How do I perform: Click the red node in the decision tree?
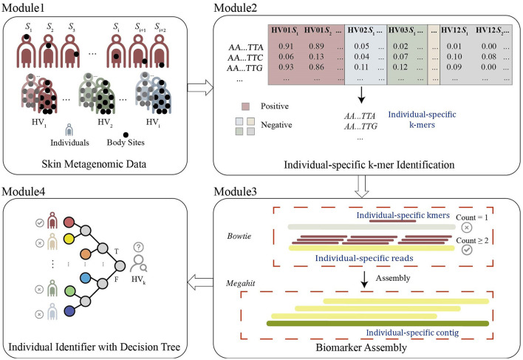[68, 222]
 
